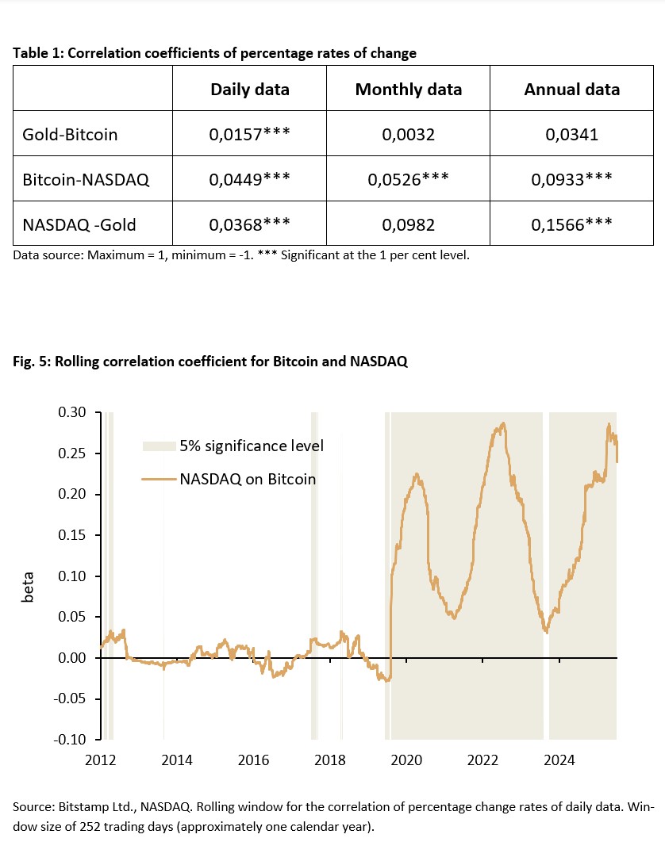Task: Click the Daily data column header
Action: tap(249, 89)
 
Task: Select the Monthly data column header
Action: tap(408, 89)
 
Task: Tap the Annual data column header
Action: tap(571, 89)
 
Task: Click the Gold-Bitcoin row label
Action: tap(70, 134)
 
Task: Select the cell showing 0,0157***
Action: tap(249, 134)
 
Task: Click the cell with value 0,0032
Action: tap(408, 134)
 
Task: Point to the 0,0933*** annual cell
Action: tap(571, 179)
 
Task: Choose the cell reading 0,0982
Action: tap(408, 224)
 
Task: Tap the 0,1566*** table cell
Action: tap(571, 224)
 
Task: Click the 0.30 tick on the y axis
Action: tap(78, 413)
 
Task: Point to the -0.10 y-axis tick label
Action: tap(75, 740)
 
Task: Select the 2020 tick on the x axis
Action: tap(406, 760)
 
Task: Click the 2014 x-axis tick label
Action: tap(177, 760)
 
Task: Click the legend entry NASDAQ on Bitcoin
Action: tap(248, 479)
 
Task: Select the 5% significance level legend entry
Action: tap(251, 446)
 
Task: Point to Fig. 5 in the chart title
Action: tap(30, 362)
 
